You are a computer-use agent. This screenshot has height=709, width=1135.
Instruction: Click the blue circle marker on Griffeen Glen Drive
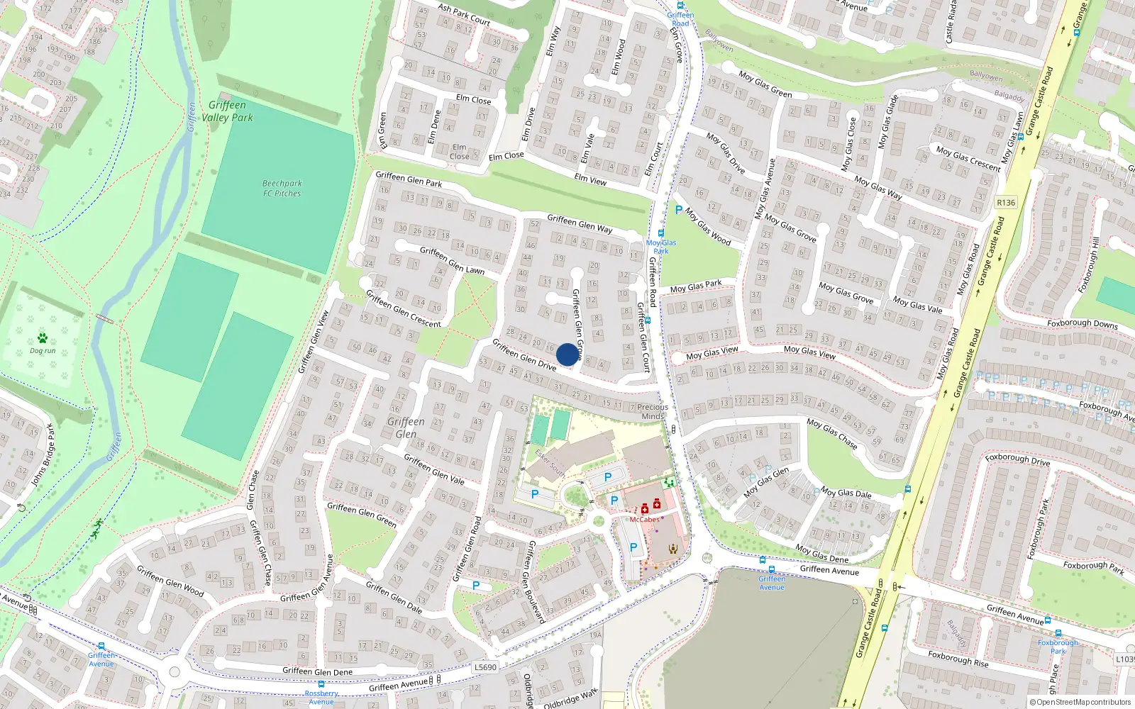coord(567,354)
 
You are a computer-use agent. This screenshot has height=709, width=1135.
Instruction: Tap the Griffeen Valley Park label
coord(227,111)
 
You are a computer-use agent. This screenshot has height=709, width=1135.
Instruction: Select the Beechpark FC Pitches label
coord(282,188)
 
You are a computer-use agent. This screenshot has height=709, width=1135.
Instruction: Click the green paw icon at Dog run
coord(43,338)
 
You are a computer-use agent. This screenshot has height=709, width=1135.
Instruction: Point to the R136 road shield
coord(1005,203)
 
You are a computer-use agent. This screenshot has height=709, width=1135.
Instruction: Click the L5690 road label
coord(485,667)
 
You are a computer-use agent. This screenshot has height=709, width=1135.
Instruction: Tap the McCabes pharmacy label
coord(644,520)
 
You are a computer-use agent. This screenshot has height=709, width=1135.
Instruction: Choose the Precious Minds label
coord(652,412)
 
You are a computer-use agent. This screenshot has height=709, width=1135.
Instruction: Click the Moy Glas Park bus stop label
coord(661,247)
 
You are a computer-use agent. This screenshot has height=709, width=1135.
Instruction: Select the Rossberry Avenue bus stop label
coord(321,698)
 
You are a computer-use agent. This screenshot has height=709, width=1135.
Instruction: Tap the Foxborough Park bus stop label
coord(1058,647)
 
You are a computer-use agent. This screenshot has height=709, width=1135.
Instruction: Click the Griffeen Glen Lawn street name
coord(452,260)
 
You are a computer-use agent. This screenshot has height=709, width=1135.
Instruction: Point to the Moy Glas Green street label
coord(765,84)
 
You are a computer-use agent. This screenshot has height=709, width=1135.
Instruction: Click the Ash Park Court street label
coord(464,14)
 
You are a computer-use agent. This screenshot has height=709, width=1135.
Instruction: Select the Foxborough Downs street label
coord(1082,323)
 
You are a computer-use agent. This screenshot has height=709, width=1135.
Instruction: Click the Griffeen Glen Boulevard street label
coord(536,581)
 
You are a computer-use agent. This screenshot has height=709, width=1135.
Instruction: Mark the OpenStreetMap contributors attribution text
coord(1080,702)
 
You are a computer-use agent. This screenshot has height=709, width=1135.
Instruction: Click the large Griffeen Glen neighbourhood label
coord(406,428)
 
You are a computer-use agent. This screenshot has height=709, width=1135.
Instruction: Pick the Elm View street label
coord(590,179)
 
